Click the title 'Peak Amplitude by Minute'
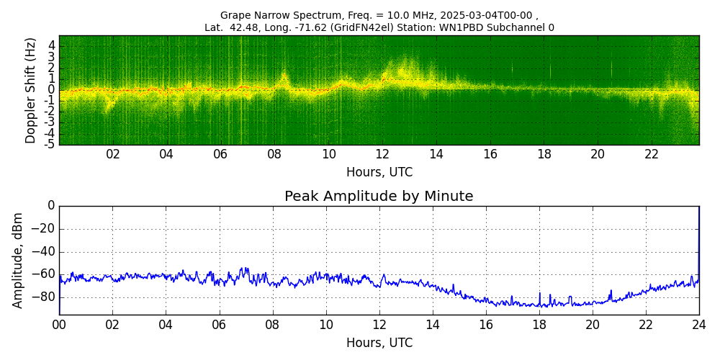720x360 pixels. (379, 197)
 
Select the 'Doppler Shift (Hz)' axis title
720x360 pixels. (31, 91)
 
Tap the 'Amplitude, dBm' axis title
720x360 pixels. (19, 260)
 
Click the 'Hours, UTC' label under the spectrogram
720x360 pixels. (379, 173)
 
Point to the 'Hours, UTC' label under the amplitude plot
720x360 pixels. (379, 343)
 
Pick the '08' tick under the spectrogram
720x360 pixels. (274, 154)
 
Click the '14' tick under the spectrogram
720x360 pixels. (436, 154)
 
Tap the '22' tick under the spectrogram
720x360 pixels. (652, 154)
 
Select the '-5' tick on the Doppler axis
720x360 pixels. (50, 144)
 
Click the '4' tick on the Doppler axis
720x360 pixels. (52, 45)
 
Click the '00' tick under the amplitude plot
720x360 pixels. (59, 324)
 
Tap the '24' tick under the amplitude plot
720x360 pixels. (699, 324)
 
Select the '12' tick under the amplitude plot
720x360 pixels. (379, 324)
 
